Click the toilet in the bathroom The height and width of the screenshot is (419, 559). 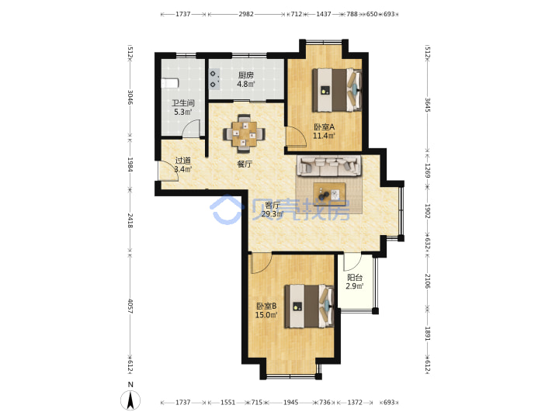170,83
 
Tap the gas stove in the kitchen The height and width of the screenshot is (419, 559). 214,79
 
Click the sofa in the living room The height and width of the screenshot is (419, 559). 329,166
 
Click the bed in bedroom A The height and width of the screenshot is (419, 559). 337,90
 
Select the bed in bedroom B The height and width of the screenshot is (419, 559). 309,306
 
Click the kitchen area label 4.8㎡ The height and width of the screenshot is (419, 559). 246,85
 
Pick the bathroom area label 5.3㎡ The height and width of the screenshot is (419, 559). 183,113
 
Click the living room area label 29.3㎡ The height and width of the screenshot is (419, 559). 273,214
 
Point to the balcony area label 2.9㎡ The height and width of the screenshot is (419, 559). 354,286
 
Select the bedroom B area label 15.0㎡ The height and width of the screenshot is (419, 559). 266,315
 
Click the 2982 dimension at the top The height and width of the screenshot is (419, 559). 246,14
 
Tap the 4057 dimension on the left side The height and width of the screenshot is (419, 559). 130,306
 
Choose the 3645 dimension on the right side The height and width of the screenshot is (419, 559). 428,105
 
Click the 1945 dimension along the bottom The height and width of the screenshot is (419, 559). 291,402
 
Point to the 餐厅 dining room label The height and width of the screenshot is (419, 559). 245,164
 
